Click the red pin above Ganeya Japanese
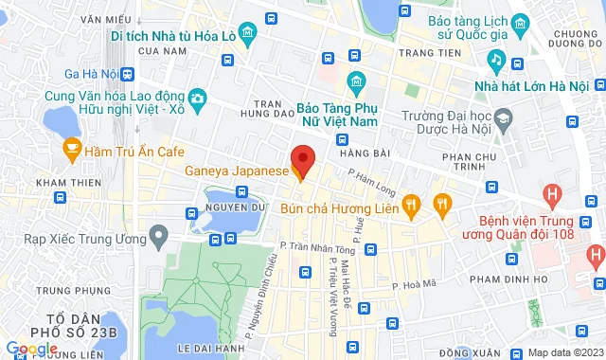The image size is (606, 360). point(302,157)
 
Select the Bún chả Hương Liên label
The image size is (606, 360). point(341,204)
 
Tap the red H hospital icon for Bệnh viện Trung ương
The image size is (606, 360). point(553,196)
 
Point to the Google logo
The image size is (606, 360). point(32,349)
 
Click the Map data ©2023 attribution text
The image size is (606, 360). point(564,353)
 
